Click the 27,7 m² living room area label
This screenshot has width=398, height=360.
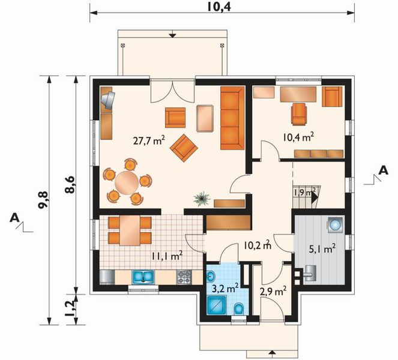tap(149, 140)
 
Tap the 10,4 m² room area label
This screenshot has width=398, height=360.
tap(298, 137)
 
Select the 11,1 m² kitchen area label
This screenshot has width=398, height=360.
tap(167, 256)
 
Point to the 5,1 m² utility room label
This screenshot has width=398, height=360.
tap(322, 249)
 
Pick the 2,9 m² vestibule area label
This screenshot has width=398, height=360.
tap(273, 292)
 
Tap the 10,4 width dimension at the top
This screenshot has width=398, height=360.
tap(219, 7)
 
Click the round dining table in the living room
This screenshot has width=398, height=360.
tap(127, 182)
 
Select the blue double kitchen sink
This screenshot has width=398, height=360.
tap(143, 277)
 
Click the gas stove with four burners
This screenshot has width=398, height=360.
tap(184, 277)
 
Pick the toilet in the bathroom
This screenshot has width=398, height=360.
tap(238, 309)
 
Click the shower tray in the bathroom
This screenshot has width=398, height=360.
tap(217, 306)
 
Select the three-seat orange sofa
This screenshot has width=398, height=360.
tap(232, 118)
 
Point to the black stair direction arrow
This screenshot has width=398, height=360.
tap(315, 197)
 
